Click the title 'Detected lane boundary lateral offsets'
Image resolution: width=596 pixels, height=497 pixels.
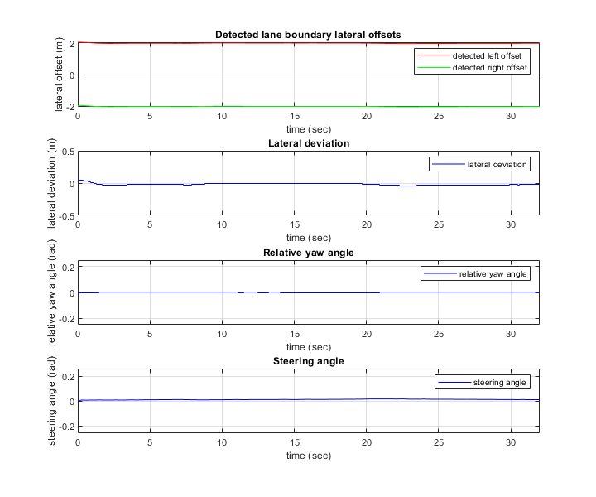point(308,35)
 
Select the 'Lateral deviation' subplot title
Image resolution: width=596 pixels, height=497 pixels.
point(308,143)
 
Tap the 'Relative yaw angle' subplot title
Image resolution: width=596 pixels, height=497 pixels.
point(308,253)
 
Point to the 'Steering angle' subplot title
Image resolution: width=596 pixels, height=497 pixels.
point(308,361)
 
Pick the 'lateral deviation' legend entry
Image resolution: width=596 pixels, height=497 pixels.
point(497,164)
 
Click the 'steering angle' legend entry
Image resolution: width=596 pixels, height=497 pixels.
point(500,382)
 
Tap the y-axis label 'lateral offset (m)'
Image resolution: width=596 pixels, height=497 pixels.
point(60,75)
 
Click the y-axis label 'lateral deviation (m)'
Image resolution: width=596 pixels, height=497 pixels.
point(53,183)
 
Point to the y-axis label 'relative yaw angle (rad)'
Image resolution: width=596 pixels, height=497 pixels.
point(53,292)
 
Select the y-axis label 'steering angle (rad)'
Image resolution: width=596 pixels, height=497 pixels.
point(53,401)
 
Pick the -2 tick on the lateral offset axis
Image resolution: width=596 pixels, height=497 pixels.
point(70,107)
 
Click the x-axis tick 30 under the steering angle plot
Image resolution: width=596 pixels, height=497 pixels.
point(511,443)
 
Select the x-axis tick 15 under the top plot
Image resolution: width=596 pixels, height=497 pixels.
point(294,117)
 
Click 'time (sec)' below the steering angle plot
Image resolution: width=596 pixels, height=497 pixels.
point(308,456)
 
